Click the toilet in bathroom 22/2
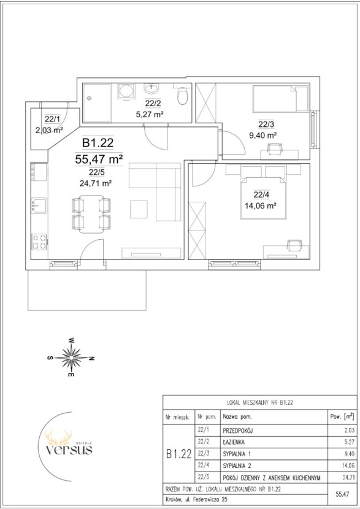pyautogui.click(x=183, y=96)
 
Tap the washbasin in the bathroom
pyautogui.click(x=152, y=88)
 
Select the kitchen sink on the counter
pyautogui.click(x=39, y=205)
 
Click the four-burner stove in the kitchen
pyautogui.click(x=39, y=242)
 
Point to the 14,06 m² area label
pyautogui.click(x=261, y=205)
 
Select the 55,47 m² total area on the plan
pyautogui.click(x=99, y=159)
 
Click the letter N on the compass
pyautogui.click(x=92, y=358)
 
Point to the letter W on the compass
pyautogui.click(x=71, y=340)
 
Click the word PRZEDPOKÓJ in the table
pyautogui.click(x=238, y=431)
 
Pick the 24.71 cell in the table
pyautogui.click(x=347, y=478)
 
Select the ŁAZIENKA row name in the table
pyautogui.click(x=234, y=442)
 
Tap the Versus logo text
pyautogui.click(x=69, y=450)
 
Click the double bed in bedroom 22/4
pyautogui.click(x=264, y=198)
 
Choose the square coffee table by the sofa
pyautogui.click(x=139, y=209)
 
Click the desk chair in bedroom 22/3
pyautogui.click(x=275, y=148)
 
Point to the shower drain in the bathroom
pyautogui.click(x=90, y=98)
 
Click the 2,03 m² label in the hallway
pyautogui.click(x=49, y=131)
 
